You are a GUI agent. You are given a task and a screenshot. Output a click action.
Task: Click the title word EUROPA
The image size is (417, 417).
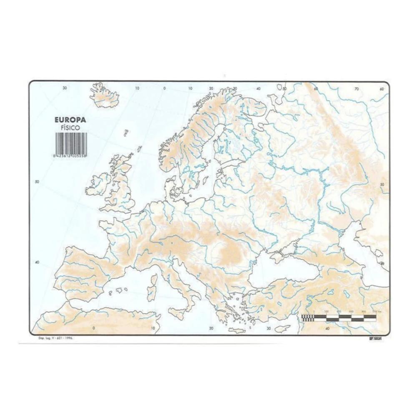70,120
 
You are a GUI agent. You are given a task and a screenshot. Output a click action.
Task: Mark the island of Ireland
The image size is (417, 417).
98,185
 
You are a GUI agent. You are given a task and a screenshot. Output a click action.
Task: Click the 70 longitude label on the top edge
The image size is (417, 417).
356,88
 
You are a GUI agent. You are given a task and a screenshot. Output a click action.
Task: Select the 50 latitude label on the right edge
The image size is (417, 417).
382,185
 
